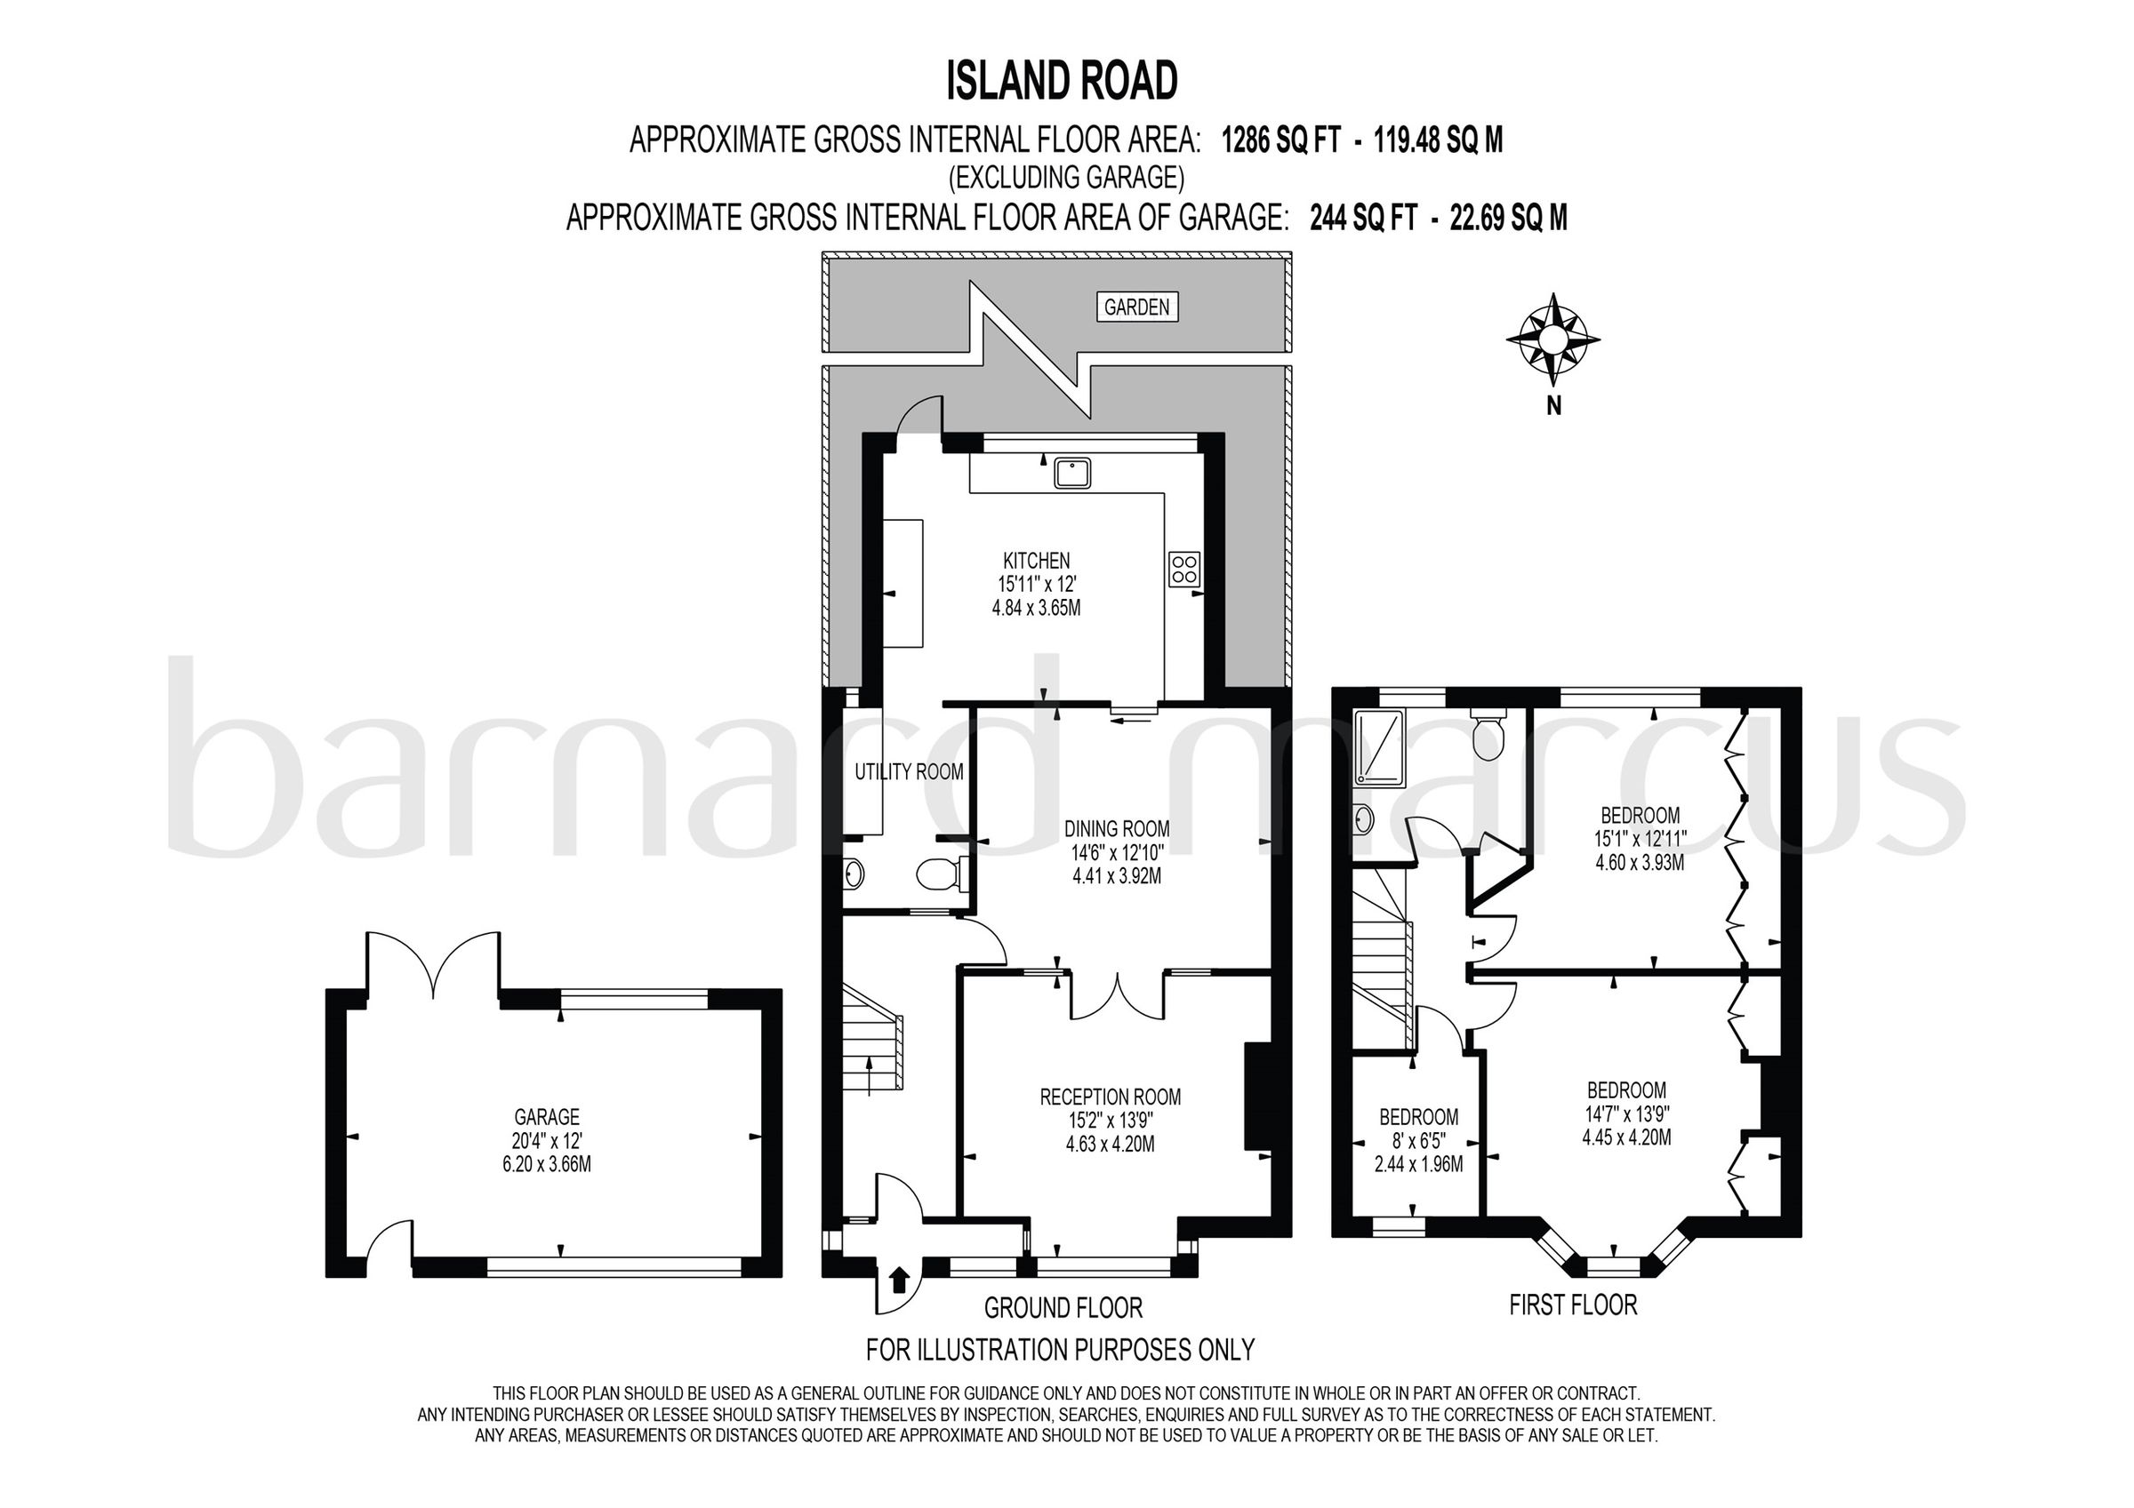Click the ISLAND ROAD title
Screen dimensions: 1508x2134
pos(1063,81)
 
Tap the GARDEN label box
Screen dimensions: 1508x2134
pos(1136,307)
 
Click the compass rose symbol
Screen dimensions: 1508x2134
pos(1552,340)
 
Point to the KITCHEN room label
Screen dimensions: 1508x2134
pos(1037,562)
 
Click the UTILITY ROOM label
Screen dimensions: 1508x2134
pos(908,772)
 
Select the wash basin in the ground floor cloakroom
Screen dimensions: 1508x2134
pos(853,874)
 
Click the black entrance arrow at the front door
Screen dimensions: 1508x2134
pos(898,1281)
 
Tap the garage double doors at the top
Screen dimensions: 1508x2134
pos(434,962)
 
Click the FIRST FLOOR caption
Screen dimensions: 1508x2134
pos(1573,1305)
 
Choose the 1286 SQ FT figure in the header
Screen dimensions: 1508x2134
pos(1280,140)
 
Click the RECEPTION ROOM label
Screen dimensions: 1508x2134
pos(1110,1097)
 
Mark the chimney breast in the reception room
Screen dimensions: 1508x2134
pos(1256,1097)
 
